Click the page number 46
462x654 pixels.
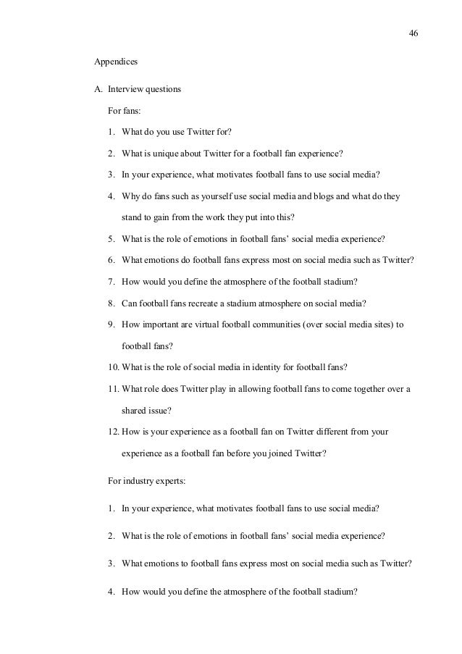pos(413,34)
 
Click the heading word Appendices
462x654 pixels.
pos(117,62)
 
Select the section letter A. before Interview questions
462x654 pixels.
pos(98,90)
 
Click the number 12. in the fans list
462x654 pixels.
pos(114,432)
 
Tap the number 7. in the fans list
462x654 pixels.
pos(112,281)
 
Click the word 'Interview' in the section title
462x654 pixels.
pos(126,90)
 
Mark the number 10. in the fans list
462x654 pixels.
pos(114,368)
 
